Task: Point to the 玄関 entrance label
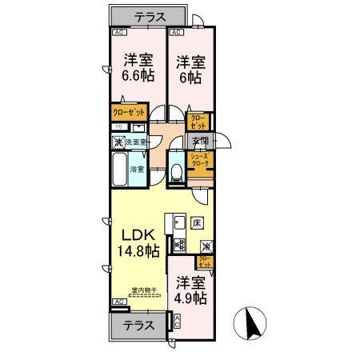click(200, 142)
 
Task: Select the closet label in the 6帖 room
click(197, 122)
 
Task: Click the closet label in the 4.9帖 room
click(205, 260)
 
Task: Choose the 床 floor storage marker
click(195, 222)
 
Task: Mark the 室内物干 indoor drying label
click(145, 291)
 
